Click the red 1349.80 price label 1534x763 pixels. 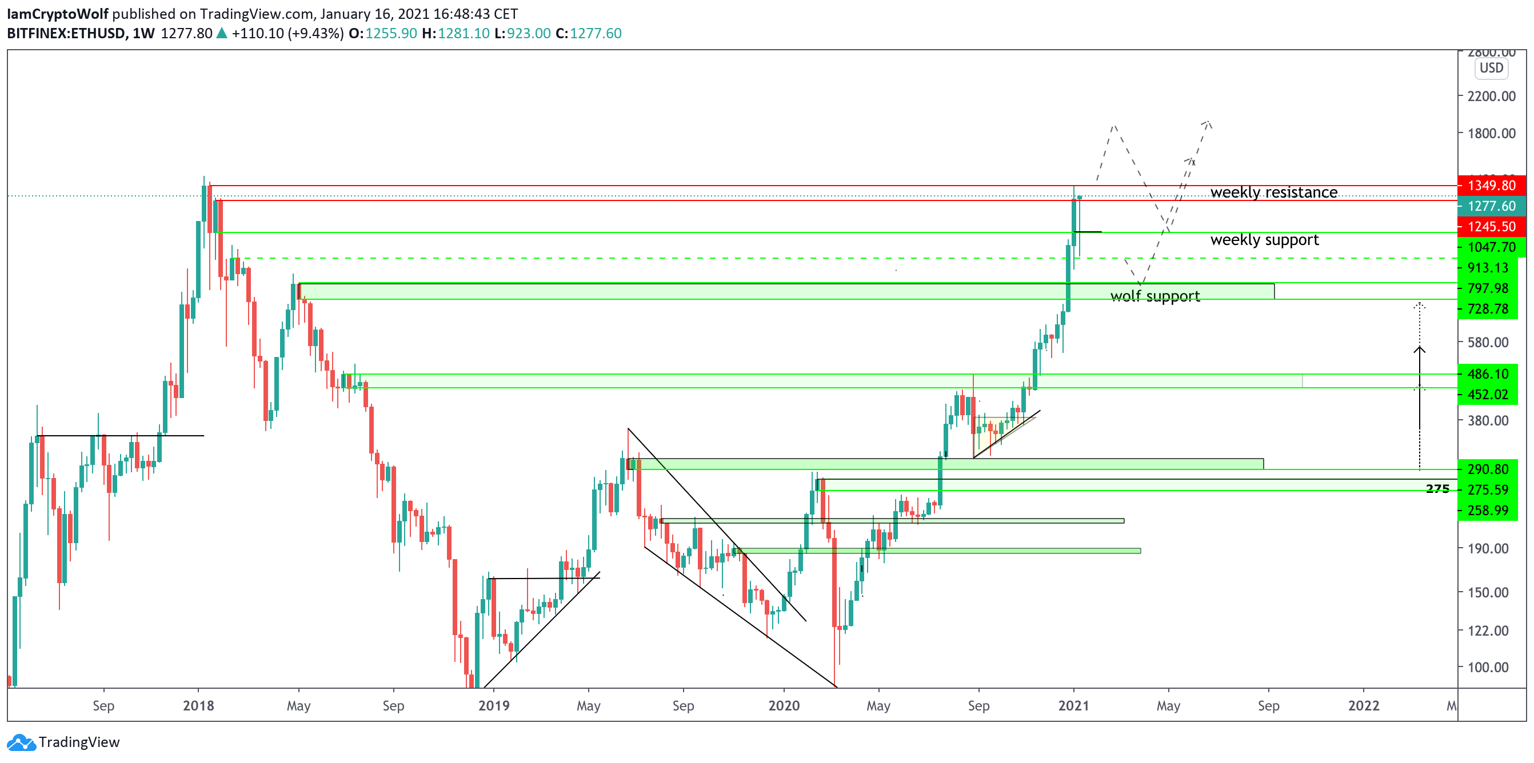pyautogui.click(x=1491, y=185)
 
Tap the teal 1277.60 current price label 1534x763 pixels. pyautogui.click(x=1491, y=206)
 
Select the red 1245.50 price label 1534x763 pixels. pyautogui.click(x=1491, y=226)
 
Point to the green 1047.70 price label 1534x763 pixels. pyautogui.click(x=1491, y=247)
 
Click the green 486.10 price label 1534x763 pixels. pyautogui.click(x=1487, y=374)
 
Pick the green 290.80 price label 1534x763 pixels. pyautogui.click(x=1487, y=469)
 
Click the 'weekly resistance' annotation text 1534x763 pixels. pyautogui.click(x=1273, y=192)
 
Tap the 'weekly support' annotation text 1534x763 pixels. pyautogui.click(x=1264, y=239)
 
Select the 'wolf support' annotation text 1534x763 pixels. pyautogui.click(x=1155, y=296)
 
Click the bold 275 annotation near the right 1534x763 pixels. pyautogui.click(x=1437, y=489)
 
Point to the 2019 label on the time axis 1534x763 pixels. pyautogui.click(x=494, y=705)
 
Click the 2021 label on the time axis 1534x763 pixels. pyautogui.click(x=1073, y=705)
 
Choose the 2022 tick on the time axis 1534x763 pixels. pyautogui.click(x=1363, y=705)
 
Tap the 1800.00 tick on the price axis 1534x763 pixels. pyautogui.click(x=1491, y=132)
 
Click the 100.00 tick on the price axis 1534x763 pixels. pyautogui.click(x=1488, y=667)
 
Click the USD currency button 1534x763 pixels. pyautogui.click(x=1491, y=68)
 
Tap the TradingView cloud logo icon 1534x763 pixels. pyautogui.click(x=21, y=742)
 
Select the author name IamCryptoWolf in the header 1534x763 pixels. pyautogui.click(x=57, y=14)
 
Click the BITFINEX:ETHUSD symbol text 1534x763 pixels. pyautogui.click(x=66, y=33)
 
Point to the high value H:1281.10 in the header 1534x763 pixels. pyautogui.click(x=456, y=33)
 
